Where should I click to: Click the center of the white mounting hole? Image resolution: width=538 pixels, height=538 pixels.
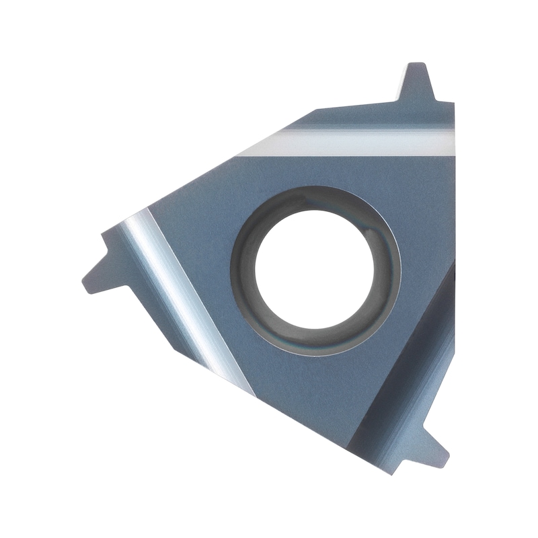[x=315, y=271]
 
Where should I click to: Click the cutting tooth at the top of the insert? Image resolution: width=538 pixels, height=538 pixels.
[x=417, y=84]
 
